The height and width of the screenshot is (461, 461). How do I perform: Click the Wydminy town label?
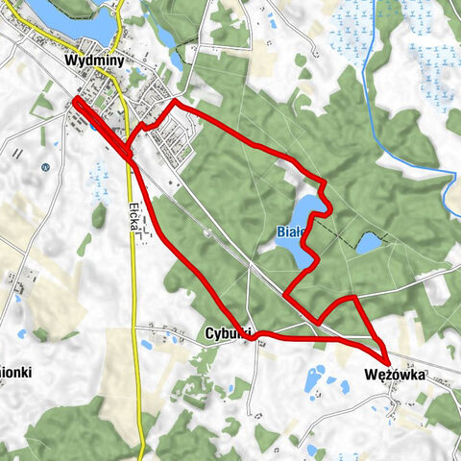point(90,60)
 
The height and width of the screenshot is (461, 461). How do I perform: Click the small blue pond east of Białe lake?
point(369,243)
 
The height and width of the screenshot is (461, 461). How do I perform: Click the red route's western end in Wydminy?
point(76,101)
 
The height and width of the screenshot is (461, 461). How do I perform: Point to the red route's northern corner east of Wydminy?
point(176,102)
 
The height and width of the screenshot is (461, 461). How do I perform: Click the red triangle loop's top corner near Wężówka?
point(355,299)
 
